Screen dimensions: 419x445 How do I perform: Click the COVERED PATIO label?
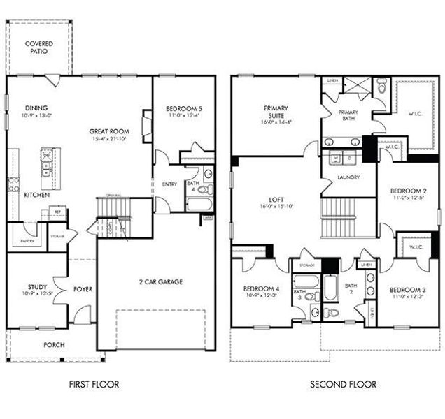point(40,47)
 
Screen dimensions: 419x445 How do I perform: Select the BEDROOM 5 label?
point(184,108)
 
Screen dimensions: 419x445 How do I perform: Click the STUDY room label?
point(36,286)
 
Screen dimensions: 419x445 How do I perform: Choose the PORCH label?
point(55,344)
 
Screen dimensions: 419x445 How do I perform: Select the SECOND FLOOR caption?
point(342,384)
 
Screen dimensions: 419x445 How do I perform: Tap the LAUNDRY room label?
point(348,177)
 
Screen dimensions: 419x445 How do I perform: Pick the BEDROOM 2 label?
point(408,191)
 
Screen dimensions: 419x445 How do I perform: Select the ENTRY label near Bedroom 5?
point(169,184)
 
